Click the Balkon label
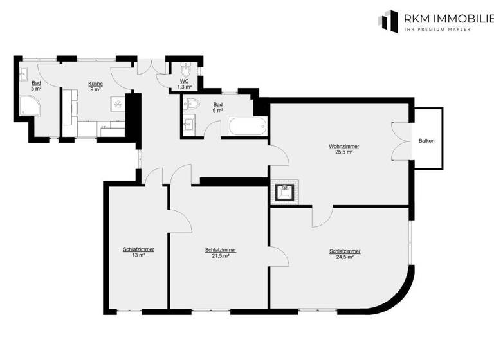pos(426,140)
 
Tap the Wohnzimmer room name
pos(343,147)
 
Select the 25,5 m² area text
pos(343,152)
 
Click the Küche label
pos(95,84)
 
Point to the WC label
pos(184,81)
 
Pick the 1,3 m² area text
pos(184,87)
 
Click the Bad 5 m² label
pos(36,86)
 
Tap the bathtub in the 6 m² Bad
pos(246,127)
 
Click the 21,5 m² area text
pos(220,255)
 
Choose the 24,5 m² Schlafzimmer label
pos(344,251)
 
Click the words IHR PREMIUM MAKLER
pos(437,29)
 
